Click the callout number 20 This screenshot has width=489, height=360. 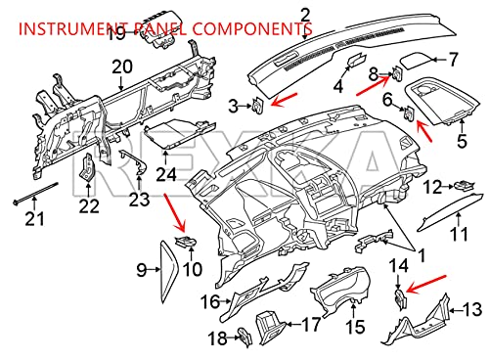pyautogui.click(x=122, y=67)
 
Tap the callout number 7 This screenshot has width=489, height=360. pyautogui.click(x=453, y=60)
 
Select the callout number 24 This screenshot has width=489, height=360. pyautogui.click(x=166, y=174)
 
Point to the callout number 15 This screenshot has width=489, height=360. pyautogui.click(x=355, y=327)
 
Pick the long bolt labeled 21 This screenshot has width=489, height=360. pyautogui.click(x=35, y=194)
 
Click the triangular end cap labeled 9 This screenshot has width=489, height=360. pyautogui.click(x=169, y=269)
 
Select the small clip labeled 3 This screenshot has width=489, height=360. pyautogui.click(x=258, y=105)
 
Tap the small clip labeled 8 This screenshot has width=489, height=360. pyautogui.click(x=397, y=73)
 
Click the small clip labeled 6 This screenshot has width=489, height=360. pyautogui.click(x=409, y=113)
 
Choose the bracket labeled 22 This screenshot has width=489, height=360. pyautogui.click(x=88, y=166)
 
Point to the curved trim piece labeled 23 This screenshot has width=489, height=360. pyautogui.click(x=134, y=160)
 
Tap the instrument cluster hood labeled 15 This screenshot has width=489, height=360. pyautogui.click(x=340, y=290)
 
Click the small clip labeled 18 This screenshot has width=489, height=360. pyautogui.click(x=245, y=336)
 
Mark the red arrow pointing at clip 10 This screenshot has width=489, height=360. pyautogui.click(x=174, y=211)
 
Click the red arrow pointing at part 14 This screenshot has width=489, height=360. pyautogui.click(x=426, y=284)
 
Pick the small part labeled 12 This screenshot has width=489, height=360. pyautogui.click(x=463, y=186)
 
